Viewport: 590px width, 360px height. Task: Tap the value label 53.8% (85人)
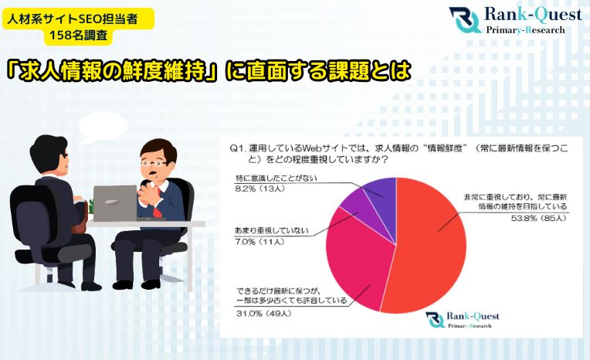click(538, 218)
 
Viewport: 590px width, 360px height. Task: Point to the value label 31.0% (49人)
click(264, 314)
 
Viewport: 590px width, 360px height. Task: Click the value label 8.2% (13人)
click(260, 188)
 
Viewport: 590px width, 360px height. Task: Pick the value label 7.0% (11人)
click(259, 242)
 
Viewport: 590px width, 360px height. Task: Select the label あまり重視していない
click(272, 231)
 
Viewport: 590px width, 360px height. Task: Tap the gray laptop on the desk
click(115, 203)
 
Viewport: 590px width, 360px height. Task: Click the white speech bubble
click(103, 127)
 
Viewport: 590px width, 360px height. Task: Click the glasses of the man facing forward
click(154, 164)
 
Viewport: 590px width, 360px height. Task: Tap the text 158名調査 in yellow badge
click(79, 35)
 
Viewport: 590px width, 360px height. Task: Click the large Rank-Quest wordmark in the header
click(533, 15)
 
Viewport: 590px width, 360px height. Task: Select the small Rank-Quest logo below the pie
click(463, 320)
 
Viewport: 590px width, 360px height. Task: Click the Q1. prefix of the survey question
click(237, 148)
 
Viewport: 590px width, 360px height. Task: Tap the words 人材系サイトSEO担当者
click(73, 19)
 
